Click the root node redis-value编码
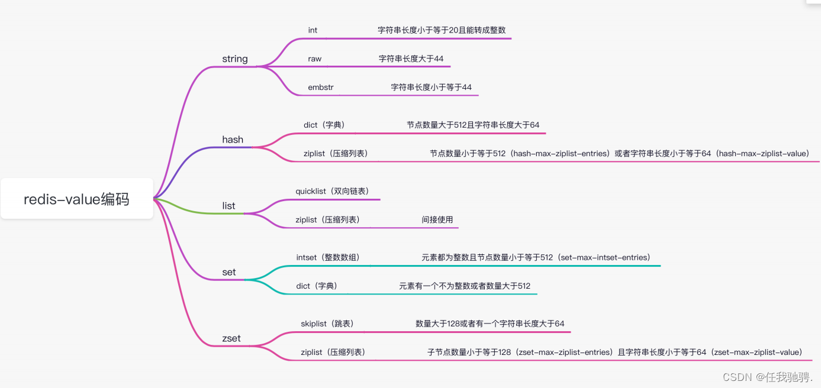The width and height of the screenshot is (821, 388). click(x=77, y=199)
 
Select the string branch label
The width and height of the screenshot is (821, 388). click(x=235, y=59)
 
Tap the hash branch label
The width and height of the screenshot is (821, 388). click(x=233, y=140)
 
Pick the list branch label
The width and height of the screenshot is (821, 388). click(x=228, y=206)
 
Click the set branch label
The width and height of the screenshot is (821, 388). click(x=229, y=272)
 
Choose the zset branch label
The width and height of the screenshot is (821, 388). click(x=231, y=338)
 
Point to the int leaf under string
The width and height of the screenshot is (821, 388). click(x=313, y=30)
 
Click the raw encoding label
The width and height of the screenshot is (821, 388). click(x=314, y=59)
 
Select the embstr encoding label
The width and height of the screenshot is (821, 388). click(x=321, y=87)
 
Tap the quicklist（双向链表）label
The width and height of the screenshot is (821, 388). click(x=332, y=191)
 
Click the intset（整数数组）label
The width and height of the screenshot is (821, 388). click(x=328, y=257)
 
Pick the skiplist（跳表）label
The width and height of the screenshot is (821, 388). click(x=327, y=324)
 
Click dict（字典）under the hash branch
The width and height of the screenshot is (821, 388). click(x=324, y=125)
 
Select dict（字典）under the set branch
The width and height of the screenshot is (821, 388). click(x=317, y=286)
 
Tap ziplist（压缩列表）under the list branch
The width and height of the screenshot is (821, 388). click(x=327, y=219)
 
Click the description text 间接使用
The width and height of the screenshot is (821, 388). click(x=437, y=219)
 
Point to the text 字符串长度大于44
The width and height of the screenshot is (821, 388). click(x=411, y=59)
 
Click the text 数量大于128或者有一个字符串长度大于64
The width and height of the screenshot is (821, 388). click(x=490, y=324)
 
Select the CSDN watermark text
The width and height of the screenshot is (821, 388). click(x=768, y=377)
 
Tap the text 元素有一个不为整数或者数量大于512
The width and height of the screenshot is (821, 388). click(x=465, y=286)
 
